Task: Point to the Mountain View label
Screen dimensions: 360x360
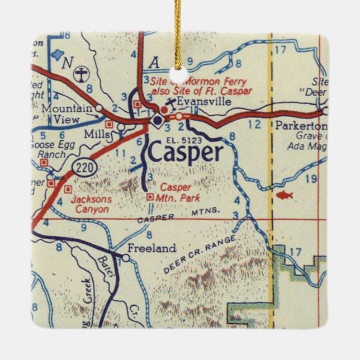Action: [68, 113]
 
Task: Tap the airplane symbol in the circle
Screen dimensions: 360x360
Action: [83, 73]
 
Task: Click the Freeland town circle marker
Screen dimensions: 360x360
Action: [126, 258]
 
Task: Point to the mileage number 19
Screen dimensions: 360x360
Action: [312, 179]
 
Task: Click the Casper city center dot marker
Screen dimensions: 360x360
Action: [158, 119]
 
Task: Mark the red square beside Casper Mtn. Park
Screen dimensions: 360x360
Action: [149, 196]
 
